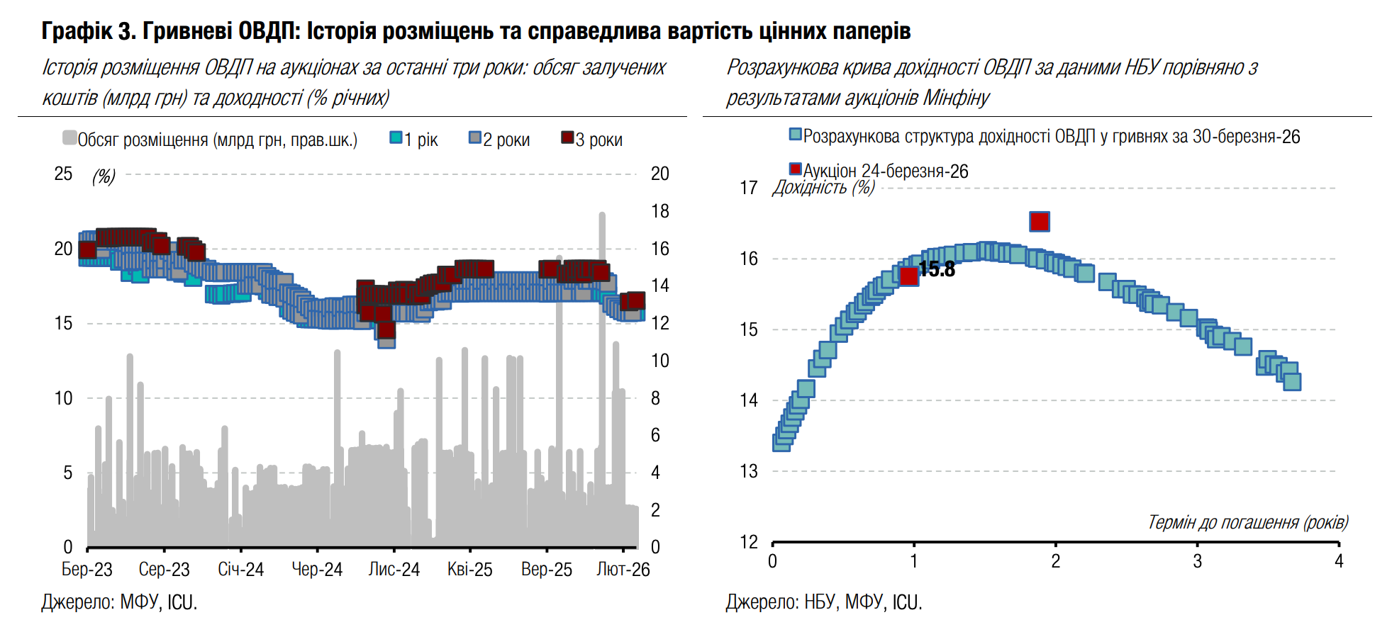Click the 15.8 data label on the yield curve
point(937,269)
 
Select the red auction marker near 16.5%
point(1039,222)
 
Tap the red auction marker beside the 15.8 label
point(908,276)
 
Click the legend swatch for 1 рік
point(396,137)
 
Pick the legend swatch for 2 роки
point(475,137)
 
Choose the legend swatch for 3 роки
point(567,137)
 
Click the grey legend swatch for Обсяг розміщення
point(69,137)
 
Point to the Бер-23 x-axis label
point(87,570)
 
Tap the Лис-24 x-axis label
point(394,570)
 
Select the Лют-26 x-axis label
point(623,570)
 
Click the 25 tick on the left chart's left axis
point(63,174)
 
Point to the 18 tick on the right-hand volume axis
point(660,211)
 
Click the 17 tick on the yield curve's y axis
point(749,188)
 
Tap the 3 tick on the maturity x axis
point(1197,562)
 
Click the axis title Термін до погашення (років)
point(1247,522)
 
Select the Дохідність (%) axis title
point(823,188)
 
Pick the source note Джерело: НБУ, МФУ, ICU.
point(823,602)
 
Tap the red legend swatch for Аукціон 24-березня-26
point(796,169)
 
